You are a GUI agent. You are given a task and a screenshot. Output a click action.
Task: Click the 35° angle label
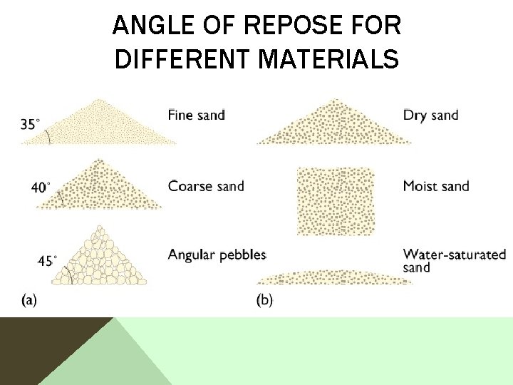click(30, 124)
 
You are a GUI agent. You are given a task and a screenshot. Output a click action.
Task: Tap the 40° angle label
click(41, 188)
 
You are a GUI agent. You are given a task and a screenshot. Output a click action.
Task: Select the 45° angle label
click(47, 260)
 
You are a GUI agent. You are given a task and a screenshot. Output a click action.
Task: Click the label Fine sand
click(197, 114)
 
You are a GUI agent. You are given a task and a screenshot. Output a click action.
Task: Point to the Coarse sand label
click(206, 186)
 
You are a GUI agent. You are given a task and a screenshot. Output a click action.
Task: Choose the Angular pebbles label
click(217, 255)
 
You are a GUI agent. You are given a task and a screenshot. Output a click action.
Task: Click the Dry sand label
click(430, 115)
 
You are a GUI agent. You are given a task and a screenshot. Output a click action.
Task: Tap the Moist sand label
click(436, 186)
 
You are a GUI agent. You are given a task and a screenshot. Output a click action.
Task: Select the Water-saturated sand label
click(454, 260)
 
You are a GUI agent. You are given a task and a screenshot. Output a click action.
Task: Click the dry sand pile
click(333, 127)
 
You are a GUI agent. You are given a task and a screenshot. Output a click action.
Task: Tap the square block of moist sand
click(335, 200)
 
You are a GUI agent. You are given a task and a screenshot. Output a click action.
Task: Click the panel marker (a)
click(29, 299)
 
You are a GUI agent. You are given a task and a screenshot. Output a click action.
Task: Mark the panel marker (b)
click(264, 299)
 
